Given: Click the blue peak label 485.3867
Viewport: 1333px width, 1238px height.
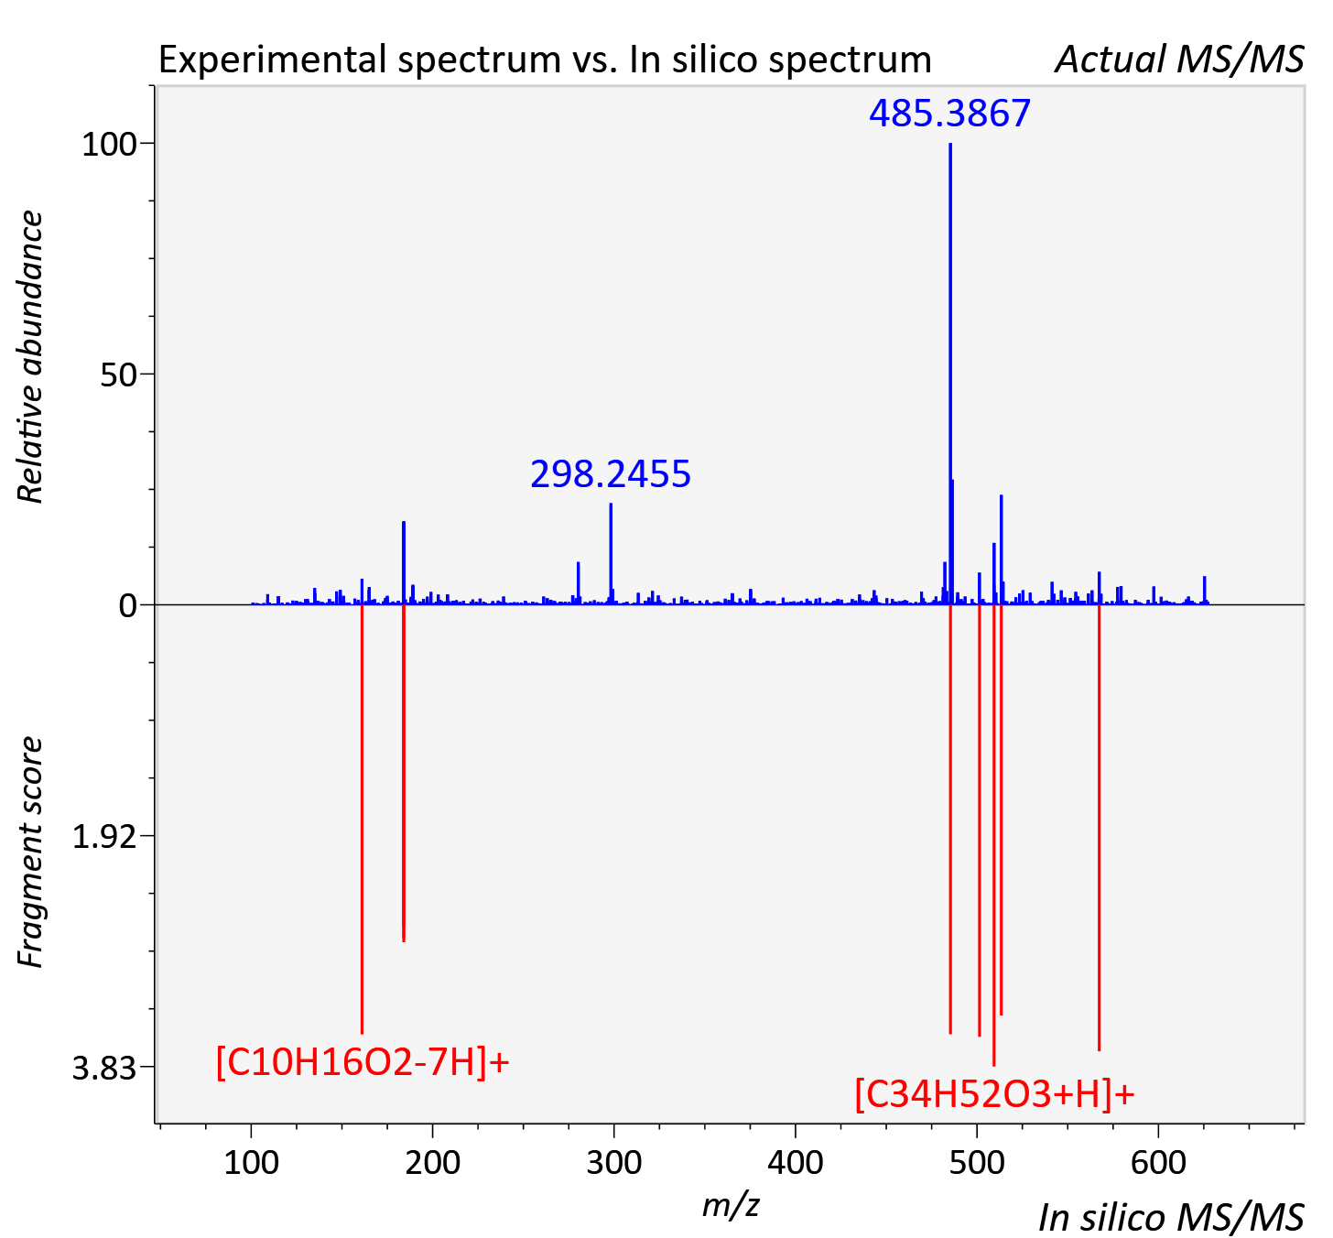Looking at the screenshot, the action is point(949,114).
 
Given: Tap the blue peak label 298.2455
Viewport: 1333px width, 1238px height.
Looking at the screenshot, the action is point(610,474).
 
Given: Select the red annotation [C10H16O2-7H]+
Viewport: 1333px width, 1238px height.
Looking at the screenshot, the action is point(363,1063).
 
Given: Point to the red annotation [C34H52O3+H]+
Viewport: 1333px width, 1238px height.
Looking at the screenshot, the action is point(995,1094).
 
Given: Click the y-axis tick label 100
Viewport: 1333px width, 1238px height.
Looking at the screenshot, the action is point(109,145).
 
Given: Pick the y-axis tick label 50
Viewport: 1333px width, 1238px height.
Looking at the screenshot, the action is point(118,375).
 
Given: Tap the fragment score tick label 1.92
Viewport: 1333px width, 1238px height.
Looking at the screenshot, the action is point(104,837).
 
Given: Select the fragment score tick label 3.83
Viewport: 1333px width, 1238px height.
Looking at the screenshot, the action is point(104,1069).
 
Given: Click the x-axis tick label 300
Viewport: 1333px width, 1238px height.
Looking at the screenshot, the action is point(613,1162).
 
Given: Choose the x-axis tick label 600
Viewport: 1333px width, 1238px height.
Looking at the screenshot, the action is point(1158,1162).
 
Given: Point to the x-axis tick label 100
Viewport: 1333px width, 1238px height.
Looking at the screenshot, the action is point(251,1162).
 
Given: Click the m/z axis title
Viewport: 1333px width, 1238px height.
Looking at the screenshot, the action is point(731,1204).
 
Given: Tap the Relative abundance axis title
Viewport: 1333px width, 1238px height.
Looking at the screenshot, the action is point(29,356).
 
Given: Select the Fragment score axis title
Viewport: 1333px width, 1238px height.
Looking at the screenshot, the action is point(29,852).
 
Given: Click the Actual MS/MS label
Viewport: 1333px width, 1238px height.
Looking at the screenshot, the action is point(1179,60).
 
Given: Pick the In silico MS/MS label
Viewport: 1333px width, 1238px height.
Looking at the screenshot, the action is point(1171,1218).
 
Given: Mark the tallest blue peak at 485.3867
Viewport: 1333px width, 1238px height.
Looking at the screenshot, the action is point(949,374).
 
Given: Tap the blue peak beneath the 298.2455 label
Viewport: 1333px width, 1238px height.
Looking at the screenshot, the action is point(611,554).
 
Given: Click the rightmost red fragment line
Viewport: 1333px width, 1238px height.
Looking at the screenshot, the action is point(1099,828).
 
